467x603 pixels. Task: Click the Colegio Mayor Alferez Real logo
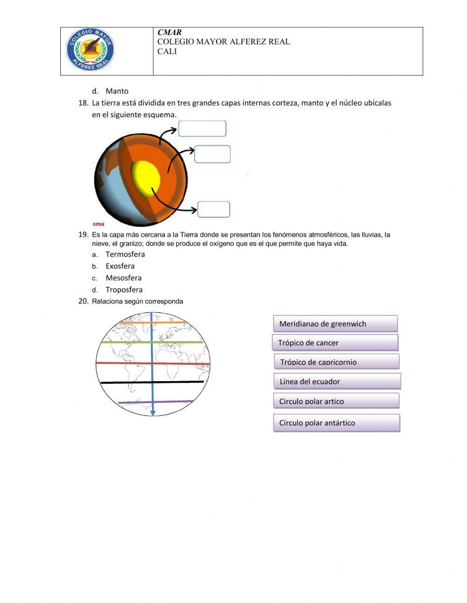pos(90,50)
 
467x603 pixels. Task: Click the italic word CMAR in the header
pos(170,32)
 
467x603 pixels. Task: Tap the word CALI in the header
pos(167,51)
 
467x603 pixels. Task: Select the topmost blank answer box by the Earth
pos(202,128)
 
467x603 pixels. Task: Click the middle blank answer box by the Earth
pos(212,154)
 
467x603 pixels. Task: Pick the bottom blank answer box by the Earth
pos(214,209)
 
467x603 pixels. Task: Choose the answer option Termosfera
pos(125,254)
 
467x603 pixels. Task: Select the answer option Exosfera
pos(120,266)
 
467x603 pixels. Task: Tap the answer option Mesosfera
pos(123,277)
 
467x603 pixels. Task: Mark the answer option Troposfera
pos(124,290)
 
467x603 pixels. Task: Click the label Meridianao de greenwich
pos(335,324)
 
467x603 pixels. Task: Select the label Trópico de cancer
pos(335,343)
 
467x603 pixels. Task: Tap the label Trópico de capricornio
pos(336,362)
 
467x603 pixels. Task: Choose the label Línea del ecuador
pos(337,381)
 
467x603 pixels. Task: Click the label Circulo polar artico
pos(336,401)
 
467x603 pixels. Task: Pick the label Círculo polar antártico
pos(336,423)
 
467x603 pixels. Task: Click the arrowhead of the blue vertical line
pos(153,413)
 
